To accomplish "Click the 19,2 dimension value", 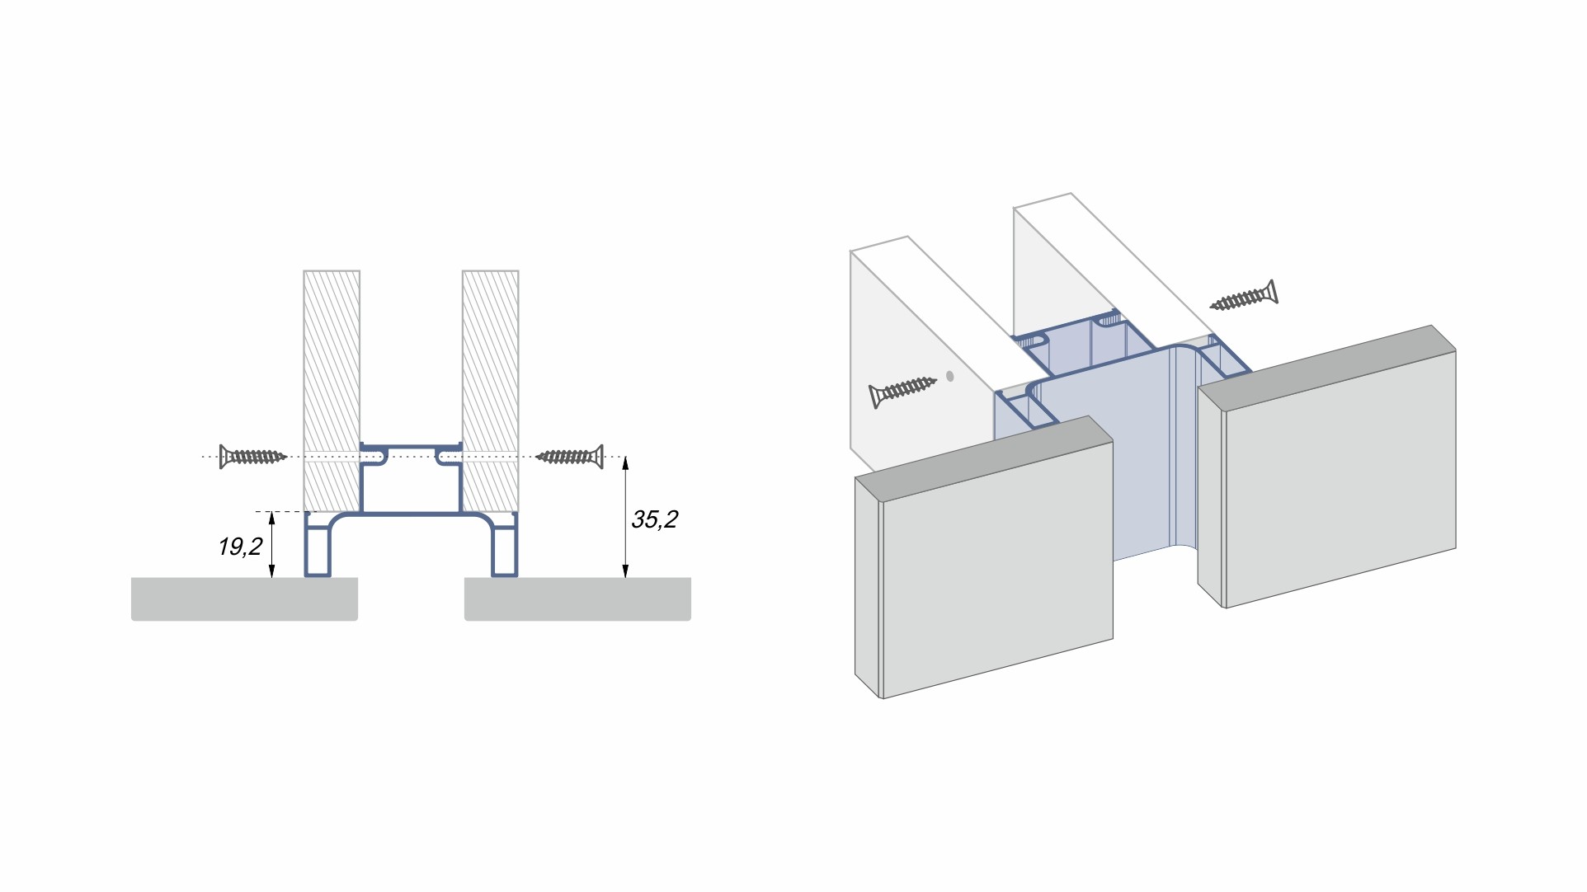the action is tap(240, 547).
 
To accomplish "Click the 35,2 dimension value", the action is tap(654, 519).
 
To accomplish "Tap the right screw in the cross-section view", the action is tap(570, 457).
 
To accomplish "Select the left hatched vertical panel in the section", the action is tap(332, 391).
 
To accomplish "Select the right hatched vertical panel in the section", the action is tap(491, 391).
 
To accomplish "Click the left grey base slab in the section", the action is tap(244, 599).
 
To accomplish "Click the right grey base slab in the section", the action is tap(577, 599).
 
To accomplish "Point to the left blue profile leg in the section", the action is tap(318, 546).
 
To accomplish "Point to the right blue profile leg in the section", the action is tap(505, 546).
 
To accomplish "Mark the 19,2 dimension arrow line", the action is tap(271, 544).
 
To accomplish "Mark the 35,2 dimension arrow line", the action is tap(625, 517).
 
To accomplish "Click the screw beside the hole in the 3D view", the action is tap(902, 392).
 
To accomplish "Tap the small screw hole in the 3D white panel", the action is tap(950, 376).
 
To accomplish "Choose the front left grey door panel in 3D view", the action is tap(984, 558).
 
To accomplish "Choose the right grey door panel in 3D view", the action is tap(1326, 467).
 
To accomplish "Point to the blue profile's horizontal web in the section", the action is tap(411, 514).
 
